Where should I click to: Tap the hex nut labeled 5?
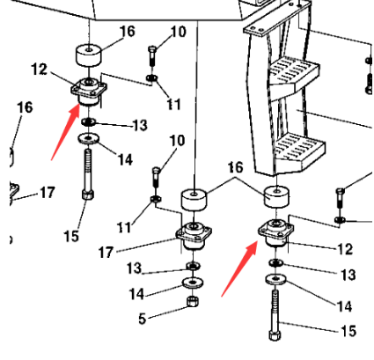click(x=191, y=305)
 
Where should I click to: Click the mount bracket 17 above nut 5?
click(x=192, y=236)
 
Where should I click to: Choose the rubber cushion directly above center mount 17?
click(x=194, y=200)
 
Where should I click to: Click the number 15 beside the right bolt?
click(x=348, y=332)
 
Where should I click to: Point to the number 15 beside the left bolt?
click(x=71, y=237)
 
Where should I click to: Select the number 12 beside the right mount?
click(x=344, y=250)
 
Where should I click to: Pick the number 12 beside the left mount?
click(x=39, y=68)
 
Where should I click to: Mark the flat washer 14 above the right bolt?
click(x=276, y=279)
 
